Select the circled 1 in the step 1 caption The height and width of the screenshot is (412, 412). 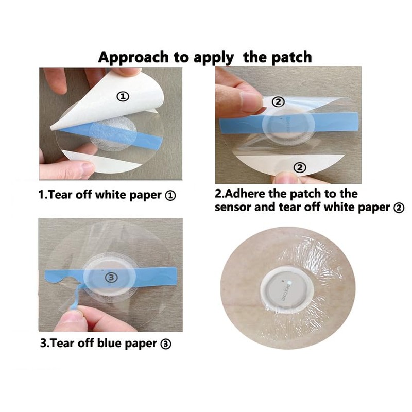(170, 196)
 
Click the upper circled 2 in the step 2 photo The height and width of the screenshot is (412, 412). (278, 102)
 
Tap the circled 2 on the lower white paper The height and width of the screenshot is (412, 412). (300, 167)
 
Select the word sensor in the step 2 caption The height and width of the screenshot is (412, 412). (233, 208)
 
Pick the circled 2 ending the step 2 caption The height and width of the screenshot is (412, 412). (398, 208)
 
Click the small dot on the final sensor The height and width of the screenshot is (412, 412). (289, 283)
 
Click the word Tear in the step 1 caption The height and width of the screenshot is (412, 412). (61, 196)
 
